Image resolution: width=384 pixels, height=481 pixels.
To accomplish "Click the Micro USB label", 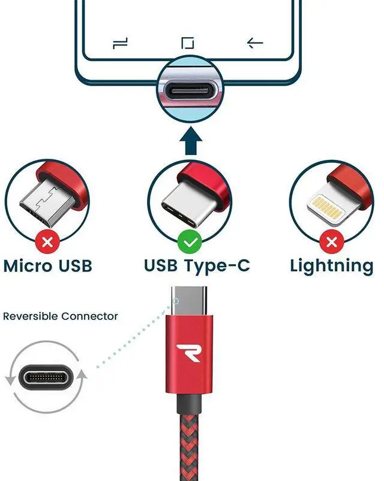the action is [48, 265].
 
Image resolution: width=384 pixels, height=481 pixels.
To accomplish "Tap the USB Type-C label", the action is [197, 265].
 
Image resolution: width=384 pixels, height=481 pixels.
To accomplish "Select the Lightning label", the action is [332, 265].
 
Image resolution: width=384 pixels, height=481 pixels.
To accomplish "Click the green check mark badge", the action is [190, 243].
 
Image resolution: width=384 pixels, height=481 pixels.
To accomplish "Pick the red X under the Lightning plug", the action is [331, 243].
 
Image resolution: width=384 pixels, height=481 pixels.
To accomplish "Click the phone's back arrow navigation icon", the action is [256, 43].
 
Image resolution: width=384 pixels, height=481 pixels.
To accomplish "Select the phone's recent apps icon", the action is [121, 43].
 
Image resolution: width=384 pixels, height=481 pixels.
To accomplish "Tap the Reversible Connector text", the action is [61, 316].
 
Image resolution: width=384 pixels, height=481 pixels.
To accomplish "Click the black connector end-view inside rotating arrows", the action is [46, 377].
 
